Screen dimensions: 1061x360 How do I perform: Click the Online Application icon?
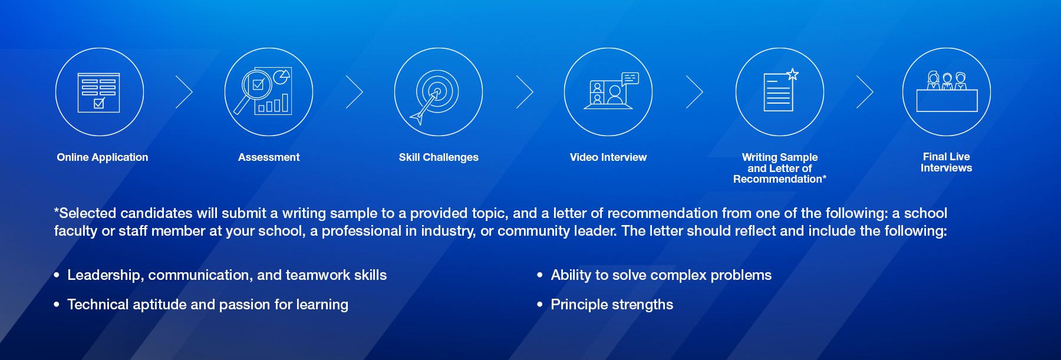click(x=100, y=92)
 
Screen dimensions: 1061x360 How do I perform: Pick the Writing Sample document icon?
click(x=780, y=92)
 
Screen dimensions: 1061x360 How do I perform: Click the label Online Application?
click(x=103, y=157)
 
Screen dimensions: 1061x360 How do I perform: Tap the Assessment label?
click(x=269, y=157)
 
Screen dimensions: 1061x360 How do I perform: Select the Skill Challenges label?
click(x=439, y=157)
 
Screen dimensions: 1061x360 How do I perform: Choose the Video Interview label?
click(x=608, y=157)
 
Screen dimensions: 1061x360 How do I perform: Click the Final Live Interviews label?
click(x=947, y=162)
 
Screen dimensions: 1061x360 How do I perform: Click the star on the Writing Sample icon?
click(x=793, y=74)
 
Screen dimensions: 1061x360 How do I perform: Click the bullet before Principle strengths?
click(x=539, y=305)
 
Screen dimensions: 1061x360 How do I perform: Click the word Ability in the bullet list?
click(x=571, y=275)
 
